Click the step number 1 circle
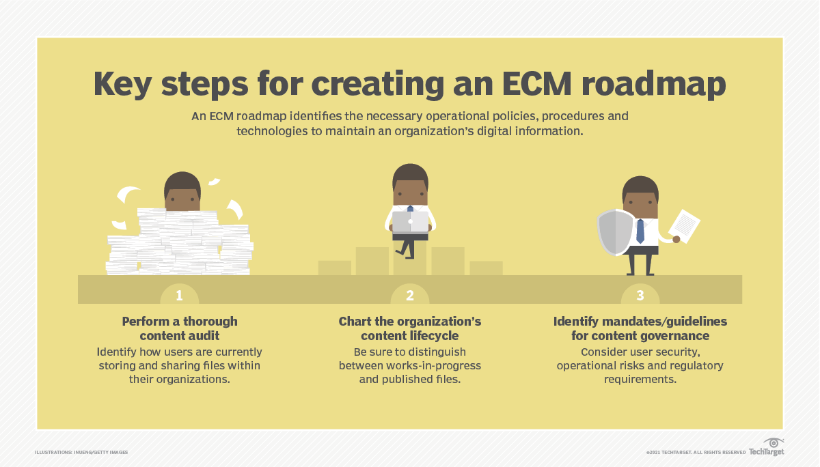coord(180,295)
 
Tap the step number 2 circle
coord(410,295)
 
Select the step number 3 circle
coord(640,295)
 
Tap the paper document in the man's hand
coord(685,225)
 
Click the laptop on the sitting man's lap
coord(410,223)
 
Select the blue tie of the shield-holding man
coord(640,231)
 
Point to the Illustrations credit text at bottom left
coord(81,452)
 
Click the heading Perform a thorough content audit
coord(180,328)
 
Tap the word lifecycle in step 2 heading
coord(434,336)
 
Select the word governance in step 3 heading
coord(673,336)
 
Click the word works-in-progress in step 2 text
coord(435,365)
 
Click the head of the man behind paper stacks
coord(182,190)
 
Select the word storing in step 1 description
coord(119,365)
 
